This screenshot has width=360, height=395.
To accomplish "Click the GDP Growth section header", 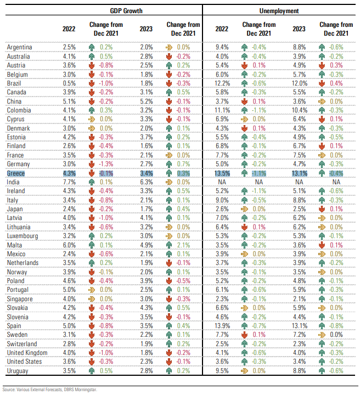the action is point(126,11).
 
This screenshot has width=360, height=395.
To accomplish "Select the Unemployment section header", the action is point(279,11).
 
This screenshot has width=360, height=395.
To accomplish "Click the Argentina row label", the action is point(19,47).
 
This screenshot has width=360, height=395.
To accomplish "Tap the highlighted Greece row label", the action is point(15,173).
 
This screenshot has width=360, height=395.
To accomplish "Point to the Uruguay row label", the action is point(18,371).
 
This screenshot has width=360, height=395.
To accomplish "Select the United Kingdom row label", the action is point(27,353).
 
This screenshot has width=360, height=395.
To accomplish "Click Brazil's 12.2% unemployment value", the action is point(222,83).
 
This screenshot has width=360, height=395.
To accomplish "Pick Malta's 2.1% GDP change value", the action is point(183,245).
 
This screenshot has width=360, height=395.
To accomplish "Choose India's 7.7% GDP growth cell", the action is point(69,182).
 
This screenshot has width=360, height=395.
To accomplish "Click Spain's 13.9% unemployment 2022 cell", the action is point(222,326).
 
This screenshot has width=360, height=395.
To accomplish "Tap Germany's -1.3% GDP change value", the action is point(106,164).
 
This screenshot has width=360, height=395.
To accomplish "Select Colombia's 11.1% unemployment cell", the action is point(222,110).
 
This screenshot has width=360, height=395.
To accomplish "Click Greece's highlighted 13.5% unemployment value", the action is point(222,173).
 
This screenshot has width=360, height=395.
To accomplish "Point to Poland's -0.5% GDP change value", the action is point(183,281).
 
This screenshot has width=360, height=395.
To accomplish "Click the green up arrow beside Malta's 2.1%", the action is point(169,245).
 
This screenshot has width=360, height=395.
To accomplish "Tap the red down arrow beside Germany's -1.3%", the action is point(92,164).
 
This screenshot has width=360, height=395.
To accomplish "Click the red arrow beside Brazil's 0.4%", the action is point(322,83).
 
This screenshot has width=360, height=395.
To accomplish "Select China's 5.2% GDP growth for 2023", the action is point(147,101).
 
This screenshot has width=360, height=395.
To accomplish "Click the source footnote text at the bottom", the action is point(49,390).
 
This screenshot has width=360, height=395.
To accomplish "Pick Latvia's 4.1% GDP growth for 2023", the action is point(147,218).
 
